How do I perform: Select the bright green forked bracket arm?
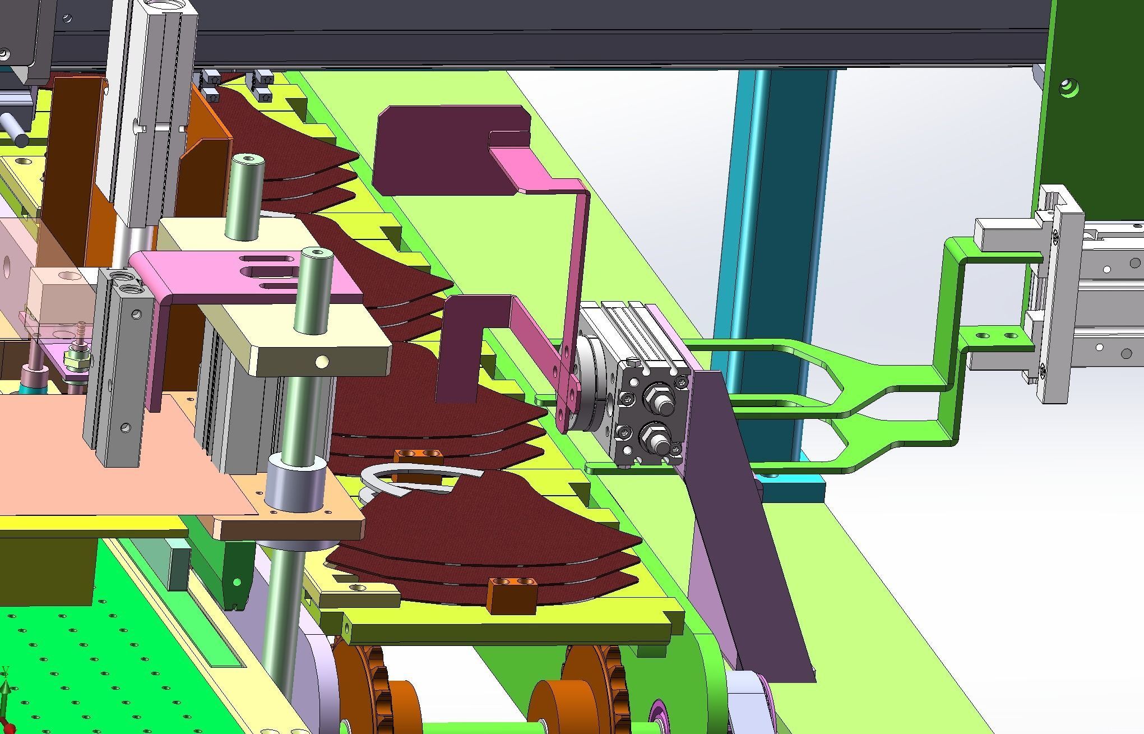tap(897, 381)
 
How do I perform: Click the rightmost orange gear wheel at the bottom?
tap(594, 690)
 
